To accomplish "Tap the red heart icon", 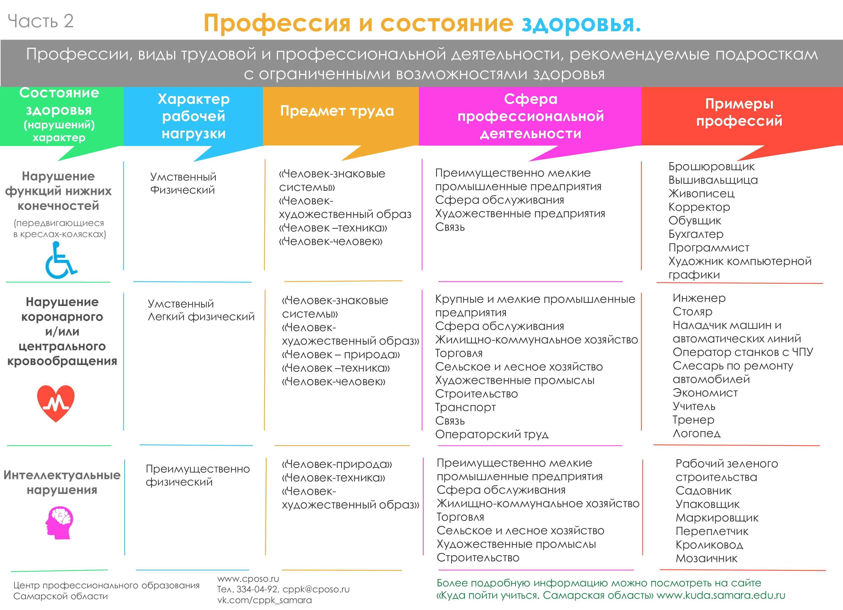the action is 56,403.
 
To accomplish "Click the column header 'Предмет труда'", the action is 337,111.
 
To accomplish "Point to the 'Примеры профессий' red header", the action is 739,112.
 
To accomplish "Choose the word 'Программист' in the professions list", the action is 708,247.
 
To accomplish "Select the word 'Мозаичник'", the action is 706,558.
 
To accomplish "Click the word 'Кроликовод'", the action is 709,545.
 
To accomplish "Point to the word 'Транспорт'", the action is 465,407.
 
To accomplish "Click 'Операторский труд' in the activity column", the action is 492,434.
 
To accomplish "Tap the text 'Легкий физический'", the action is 201,317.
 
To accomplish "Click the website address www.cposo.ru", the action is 248,579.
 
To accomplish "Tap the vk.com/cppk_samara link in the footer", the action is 264,600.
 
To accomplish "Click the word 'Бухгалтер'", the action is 696,234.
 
